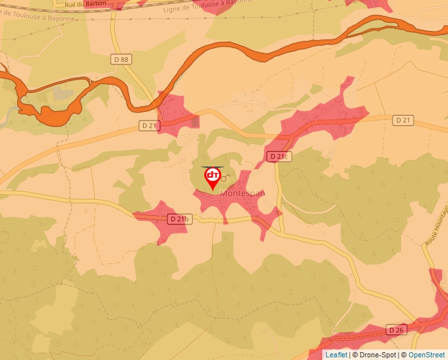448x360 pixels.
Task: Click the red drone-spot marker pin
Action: point(213,177)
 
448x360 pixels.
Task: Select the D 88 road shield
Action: point(121,59)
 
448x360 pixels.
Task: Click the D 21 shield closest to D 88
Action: point(150,125)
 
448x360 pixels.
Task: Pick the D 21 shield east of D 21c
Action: point(403,120)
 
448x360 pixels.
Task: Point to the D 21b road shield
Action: point(179,219)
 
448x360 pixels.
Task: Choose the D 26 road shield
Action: point(395,330)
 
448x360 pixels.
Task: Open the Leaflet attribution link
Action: point(336,355)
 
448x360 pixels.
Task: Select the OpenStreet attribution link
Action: point(427,355)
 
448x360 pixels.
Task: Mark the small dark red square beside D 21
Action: point(194,122)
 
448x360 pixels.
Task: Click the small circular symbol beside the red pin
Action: point(224,178)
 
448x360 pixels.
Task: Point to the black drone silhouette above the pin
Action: point(212,167)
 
